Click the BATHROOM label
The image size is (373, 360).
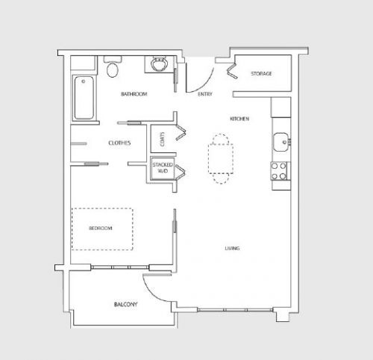pos(134,94)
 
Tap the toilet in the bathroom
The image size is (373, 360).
pos(113,69)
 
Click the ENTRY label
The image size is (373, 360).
pos(205,95)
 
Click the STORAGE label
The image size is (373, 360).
pos(261,73)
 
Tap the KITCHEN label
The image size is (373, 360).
pos(239,119)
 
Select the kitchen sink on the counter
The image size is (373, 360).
pos(280,140)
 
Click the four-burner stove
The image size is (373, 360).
pos(280,171)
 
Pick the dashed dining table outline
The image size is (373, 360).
pos(220,158)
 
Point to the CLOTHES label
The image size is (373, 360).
pos(120,143)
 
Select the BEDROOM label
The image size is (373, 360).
pos(101,229)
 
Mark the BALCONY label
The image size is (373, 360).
pos(125,305)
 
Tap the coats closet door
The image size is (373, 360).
pos(180,133)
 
